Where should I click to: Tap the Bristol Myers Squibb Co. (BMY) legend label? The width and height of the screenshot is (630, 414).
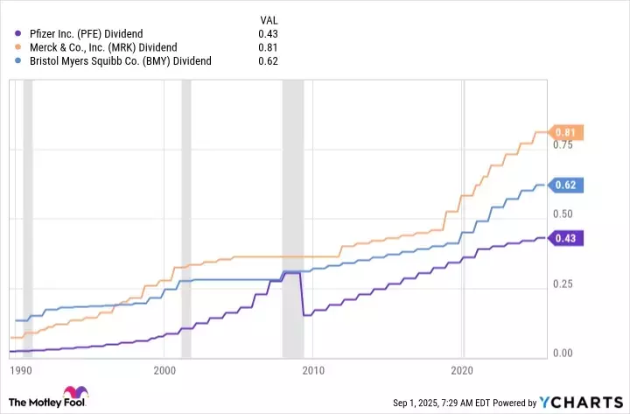(118, 61)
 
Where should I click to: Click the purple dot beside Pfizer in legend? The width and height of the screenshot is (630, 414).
(17, 33)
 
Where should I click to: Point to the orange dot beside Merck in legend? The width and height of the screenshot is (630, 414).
(17, 47)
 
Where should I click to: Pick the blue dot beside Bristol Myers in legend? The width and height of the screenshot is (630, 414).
(17, 61)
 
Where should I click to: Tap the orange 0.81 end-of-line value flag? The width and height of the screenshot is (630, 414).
(565, 133)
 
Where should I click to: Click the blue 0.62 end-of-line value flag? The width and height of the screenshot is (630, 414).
(565, 186)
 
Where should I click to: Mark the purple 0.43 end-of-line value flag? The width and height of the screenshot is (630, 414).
(565, 238)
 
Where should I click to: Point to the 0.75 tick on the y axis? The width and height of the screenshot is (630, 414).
(563, 145)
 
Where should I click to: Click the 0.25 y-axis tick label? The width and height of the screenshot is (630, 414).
(563, 284)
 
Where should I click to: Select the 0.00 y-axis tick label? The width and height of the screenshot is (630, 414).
(563, 354)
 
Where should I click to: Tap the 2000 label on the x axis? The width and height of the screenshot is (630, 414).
(164, 369)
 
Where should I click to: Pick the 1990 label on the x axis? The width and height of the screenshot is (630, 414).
(21, 369)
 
